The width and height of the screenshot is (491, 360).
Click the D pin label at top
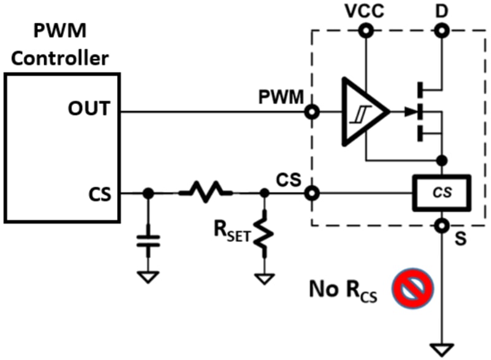[x=440, y=12]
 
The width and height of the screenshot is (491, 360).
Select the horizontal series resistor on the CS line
[x=206, y=193]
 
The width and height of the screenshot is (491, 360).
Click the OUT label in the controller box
[x=89, y=109]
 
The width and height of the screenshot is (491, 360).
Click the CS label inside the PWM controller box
[x=98, y=195]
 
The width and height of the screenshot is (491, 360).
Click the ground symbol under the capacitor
[x=148, y=277]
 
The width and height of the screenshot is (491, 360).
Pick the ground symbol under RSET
[x=265, y=277]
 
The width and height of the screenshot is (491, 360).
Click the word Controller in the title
[x=61, y=58]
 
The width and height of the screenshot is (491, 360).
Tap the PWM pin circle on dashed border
[x=313, y=112]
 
